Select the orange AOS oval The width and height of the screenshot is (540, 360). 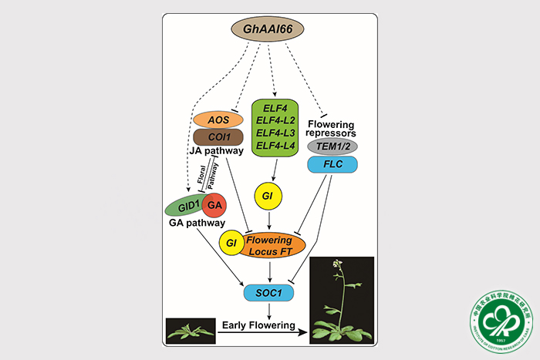218,120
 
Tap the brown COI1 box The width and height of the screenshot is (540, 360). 218,137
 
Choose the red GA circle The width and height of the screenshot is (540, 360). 214,206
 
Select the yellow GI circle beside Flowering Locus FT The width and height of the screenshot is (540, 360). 230,244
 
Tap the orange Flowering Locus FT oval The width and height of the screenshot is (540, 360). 274,244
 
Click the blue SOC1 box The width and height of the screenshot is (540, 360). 268,291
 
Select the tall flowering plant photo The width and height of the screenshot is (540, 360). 341,299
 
